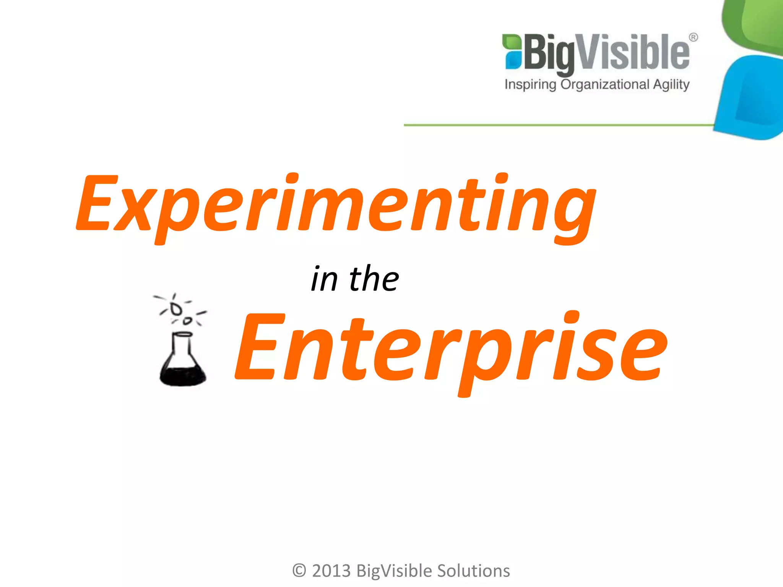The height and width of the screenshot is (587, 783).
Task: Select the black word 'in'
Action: (324, 279)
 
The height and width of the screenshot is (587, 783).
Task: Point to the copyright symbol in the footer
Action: (299, 571)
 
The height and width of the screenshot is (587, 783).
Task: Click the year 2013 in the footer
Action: (331, 571)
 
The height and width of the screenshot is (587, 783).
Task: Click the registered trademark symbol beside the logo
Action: (693, 37)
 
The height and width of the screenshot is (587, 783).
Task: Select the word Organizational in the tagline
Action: (605, 84)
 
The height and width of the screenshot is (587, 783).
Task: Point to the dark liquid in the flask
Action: (182, 376)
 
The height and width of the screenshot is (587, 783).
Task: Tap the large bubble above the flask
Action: (176, 309)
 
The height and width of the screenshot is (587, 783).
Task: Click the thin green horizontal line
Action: (558, 125)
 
